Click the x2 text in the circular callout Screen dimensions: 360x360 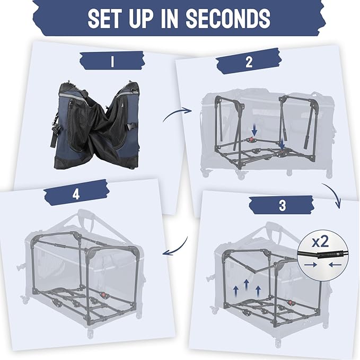coord(320,242)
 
